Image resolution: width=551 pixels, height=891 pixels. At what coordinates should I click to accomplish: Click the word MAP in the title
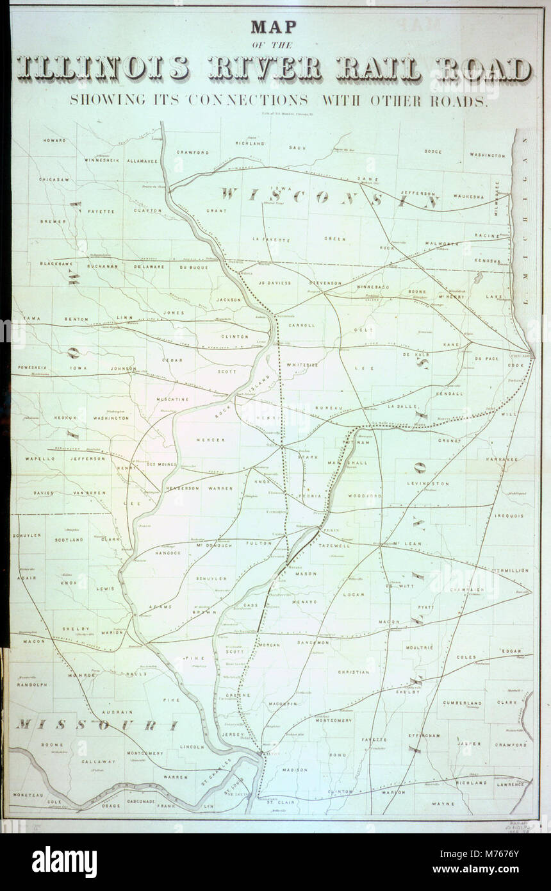pos(275,27)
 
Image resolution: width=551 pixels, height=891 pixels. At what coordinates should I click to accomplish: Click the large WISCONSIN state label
pos(330,197)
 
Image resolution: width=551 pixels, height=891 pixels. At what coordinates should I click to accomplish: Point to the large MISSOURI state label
pos(96,725)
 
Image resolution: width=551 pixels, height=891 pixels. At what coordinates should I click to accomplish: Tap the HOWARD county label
pos(54,140)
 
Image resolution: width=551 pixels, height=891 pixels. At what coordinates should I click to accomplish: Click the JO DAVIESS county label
pos(274,283)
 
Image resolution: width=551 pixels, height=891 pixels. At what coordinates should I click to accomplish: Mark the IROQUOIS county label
pos(509,515)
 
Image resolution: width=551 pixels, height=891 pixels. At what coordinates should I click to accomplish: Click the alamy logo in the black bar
pos(64,862)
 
